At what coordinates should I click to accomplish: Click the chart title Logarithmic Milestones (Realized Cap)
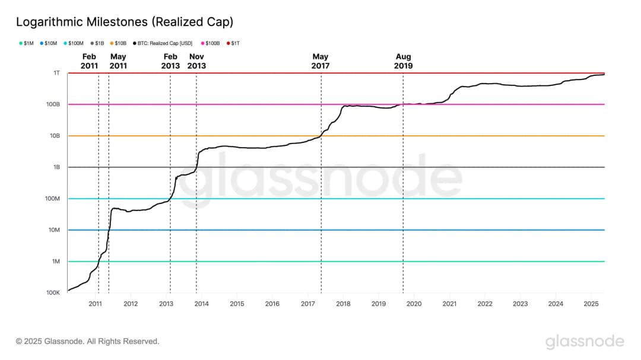[x=124, y=22]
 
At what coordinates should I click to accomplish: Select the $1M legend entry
[x=27, y=43]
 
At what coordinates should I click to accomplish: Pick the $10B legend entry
[x=118, y=43]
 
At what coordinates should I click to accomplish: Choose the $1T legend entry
[x=233, y=43]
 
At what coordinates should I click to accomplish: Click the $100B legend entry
[x=211, y=43]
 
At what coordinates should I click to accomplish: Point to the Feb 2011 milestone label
[x=89, y=61]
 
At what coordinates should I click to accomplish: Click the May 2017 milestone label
[x=320, y=61]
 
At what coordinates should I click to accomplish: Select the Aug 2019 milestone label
[x=403, y=61]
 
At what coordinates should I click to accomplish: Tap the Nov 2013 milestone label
[x=196, y=61]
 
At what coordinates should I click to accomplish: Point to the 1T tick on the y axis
[x=56, y=73]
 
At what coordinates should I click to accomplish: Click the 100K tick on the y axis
[x=53, y=293]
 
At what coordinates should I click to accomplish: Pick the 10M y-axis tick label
[x=53, y=230]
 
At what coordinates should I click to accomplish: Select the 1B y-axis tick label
[x=56, y=167]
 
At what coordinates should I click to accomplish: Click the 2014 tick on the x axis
[x=202, y=304]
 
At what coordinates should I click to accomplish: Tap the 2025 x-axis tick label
[x=591, y=304]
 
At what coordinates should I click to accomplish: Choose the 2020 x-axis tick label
[x=414, y=304]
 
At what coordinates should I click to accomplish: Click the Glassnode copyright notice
[x=88, y=342]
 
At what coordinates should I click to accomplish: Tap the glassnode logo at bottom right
[x=585, y=342]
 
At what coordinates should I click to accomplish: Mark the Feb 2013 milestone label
[x=170, y=61]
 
